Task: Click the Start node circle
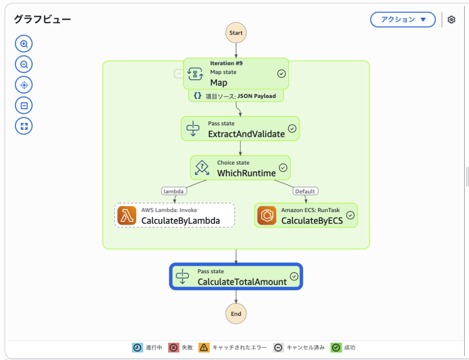pyautogui.click(x=236, y=33)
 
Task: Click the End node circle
pyautogui.click(x=236, y=314)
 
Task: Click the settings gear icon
pyautogui.click(x=451, y=20)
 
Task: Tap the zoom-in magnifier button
pyautogui.click(x=24, y=44)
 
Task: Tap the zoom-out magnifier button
pyautogui.click(x=24, y=64)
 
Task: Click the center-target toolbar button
pyautogui.click(x=24, y=85)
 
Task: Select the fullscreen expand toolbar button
pyautogui.click(x=24, y=126)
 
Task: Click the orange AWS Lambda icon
pyautogui.click(x=127, y=215)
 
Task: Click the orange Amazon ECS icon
pyautogui.click(x=267, y=215)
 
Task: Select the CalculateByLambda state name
pyautogui.click(x=180, y=221)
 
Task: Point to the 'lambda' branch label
pyautogui.click(x=174, y=191)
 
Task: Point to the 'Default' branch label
pyautogui.click(x=305, y=191)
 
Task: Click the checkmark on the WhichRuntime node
pyautogui.click(x=283, y=168)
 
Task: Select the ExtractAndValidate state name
pyautogui.click(x=246, y=134)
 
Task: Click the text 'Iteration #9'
pyautogui.click(x=227, y=63)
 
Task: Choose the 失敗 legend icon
pyautogui.click(x=173, y=348)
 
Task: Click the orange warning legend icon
pyautogui.click(x=204, y=348)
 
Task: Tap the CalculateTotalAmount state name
pyautogui.click(x=242, y=282)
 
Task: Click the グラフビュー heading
pyautogui.click(x=42, y=19)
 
